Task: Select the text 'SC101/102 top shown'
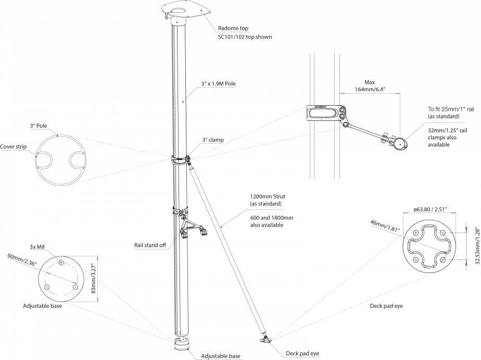click(x=245, y=38)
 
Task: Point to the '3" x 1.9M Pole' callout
click(x=218, y=84)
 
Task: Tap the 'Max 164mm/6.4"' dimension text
click(x=370, y=86)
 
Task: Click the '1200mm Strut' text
click(x=268, y=197)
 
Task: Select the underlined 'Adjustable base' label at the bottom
click(x=221, y=356)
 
